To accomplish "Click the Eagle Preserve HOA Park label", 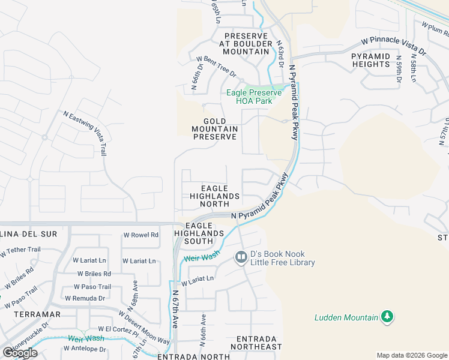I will point(254,97).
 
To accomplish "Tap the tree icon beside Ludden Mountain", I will point(387,317).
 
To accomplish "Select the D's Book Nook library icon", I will point(241,257).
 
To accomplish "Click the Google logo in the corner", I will point(20,353).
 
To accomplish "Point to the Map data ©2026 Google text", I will point(411,355).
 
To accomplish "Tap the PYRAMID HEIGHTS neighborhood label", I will point(371,60).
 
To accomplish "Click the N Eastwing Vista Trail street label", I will point(85,133).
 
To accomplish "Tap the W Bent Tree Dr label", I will point(217,65).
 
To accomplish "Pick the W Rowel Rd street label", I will point(140,235).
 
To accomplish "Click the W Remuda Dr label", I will point(85,298).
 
